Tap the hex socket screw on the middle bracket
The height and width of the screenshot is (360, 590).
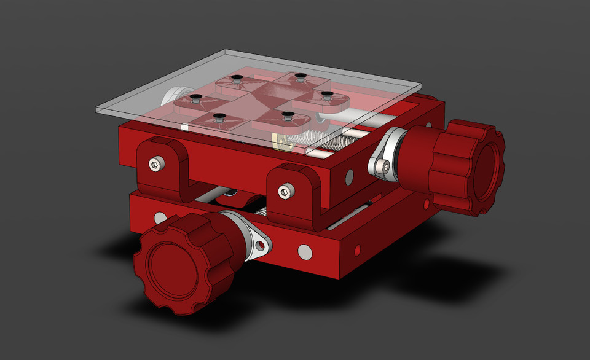coord(284,192)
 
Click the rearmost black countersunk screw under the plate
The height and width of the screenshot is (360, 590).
coord(299,77)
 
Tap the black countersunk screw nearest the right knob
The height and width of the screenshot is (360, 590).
coord(327,95)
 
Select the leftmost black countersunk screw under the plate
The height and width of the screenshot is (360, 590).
coord(196,98)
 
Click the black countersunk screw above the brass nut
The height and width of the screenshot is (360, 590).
coord(285,115)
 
